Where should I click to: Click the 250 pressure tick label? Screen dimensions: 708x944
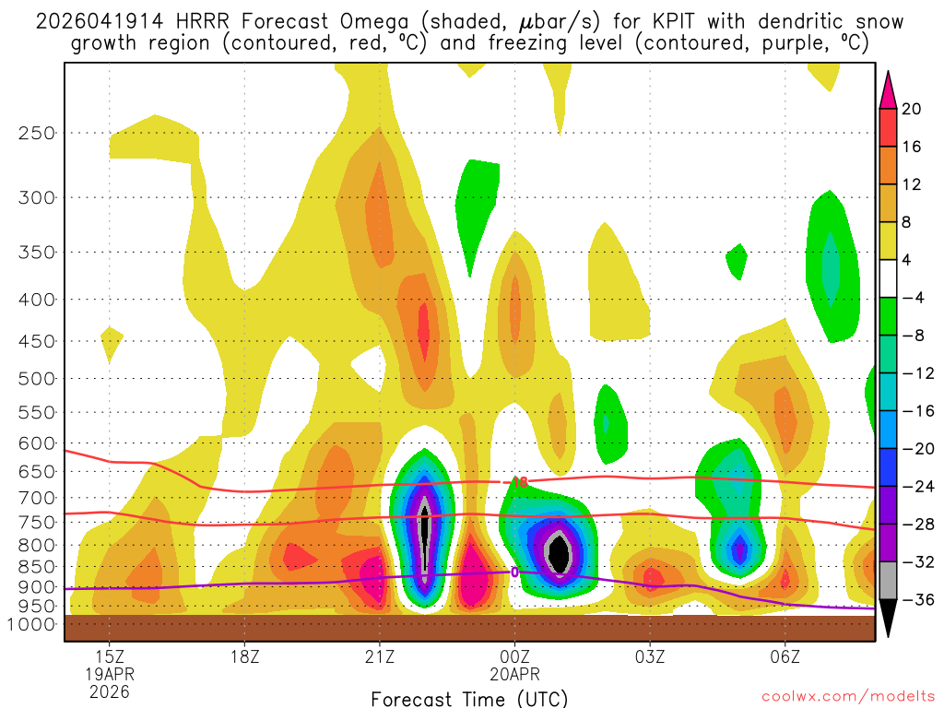pos(36,133)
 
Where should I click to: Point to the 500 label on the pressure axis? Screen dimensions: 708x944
pos(36,378)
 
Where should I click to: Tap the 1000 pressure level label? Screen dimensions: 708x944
pos(30,624)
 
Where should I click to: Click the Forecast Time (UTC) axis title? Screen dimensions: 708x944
pos(469,698)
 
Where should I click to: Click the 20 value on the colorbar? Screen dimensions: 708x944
pos(912,109)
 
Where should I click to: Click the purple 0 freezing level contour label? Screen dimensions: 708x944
pos(513,572)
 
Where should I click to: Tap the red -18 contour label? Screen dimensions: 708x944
pos(517,482)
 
